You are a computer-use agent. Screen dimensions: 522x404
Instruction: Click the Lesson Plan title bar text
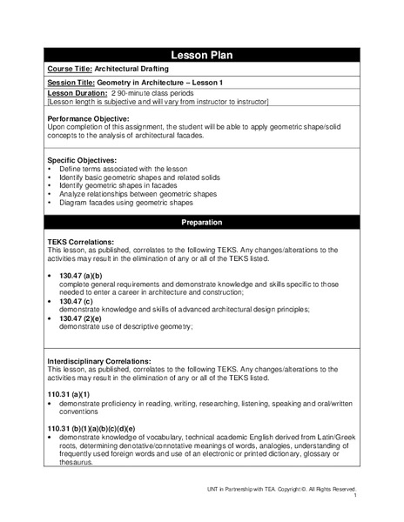tap(202, 54)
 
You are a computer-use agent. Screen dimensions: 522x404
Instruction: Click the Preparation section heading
tap(202, 223)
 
